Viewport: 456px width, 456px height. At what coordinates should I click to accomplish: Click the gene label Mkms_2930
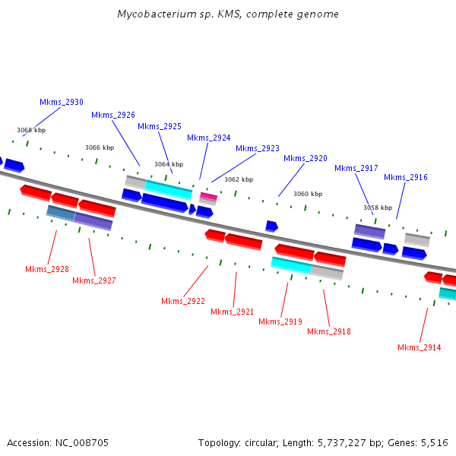[x=62, y=102]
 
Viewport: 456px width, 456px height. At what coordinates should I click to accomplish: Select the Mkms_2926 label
[x=113, y=116]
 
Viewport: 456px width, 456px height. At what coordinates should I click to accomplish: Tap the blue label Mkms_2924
[x=209, y=138]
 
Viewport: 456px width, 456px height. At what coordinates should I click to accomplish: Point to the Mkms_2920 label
[x=306, y=159]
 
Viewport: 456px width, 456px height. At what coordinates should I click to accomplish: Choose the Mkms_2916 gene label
[x=406, y=177]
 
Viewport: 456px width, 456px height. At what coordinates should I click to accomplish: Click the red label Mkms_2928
[x=47, y=269]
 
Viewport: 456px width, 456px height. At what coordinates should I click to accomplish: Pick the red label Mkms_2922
[x=183, y=301]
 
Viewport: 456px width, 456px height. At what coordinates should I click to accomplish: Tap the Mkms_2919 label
[x=280, y=321]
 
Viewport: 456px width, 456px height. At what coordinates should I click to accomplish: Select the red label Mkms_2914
[x=420, y=347]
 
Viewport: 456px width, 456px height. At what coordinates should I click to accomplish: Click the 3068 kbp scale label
[x=31, y=130]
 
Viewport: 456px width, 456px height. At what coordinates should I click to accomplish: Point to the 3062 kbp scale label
[x=239, y=179]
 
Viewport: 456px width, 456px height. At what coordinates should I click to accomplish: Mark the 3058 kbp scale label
[x=378, y=207]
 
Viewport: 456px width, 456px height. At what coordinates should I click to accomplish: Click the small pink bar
[x=208, y=196]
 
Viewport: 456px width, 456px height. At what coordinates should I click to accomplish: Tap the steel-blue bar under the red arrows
[x=61, y=213]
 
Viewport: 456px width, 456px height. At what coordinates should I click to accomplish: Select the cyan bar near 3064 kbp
[x=169, y=189]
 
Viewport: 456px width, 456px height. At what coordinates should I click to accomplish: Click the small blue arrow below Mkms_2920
[x=271, y=226]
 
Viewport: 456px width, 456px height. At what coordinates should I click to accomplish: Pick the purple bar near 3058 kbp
[x=369, y=232]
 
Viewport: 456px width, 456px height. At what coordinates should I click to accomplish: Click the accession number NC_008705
[x=82, y=443]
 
